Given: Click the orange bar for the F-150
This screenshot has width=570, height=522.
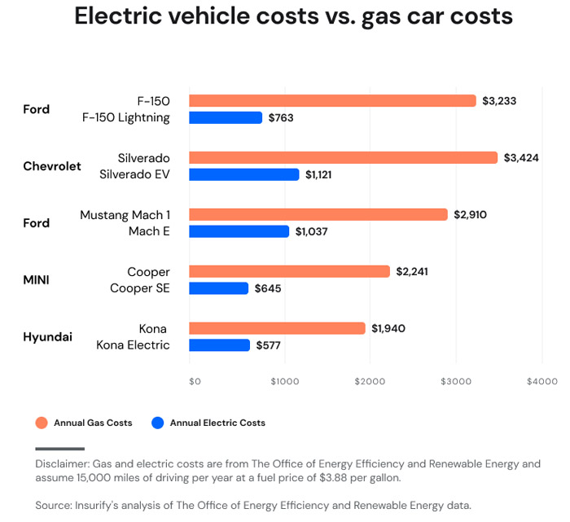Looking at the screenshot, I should coord(332,101).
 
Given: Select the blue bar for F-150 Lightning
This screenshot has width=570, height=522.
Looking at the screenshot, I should coord(226,117).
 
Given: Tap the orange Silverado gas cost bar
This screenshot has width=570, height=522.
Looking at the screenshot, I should coord(343,158).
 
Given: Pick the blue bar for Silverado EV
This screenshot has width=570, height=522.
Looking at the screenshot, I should coord(243,174).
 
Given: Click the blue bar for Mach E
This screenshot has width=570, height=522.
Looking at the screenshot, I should coord(239,231).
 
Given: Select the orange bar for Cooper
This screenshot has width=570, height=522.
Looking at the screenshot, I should coord(289,271).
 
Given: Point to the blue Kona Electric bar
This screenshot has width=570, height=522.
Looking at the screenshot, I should coord(219,344).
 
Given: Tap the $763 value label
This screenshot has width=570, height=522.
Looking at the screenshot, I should coord(281,118).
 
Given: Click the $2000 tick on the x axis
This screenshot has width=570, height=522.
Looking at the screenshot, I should coord(369,381).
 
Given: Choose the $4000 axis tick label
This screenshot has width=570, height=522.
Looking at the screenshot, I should coord(541,381).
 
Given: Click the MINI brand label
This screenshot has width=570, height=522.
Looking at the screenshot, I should coord(36,280).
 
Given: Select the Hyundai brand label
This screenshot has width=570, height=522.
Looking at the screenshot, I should coord(47,337).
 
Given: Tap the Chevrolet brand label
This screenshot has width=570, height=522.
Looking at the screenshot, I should coord(52,166).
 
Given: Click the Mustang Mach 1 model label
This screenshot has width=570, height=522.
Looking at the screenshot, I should coord(125,215).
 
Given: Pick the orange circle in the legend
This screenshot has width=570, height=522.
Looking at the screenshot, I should coord(42,423).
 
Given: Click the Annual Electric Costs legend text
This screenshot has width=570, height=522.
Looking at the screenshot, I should coord(217,423).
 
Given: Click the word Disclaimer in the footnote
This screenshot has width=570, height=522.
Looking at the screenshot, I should coord(62,464).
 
